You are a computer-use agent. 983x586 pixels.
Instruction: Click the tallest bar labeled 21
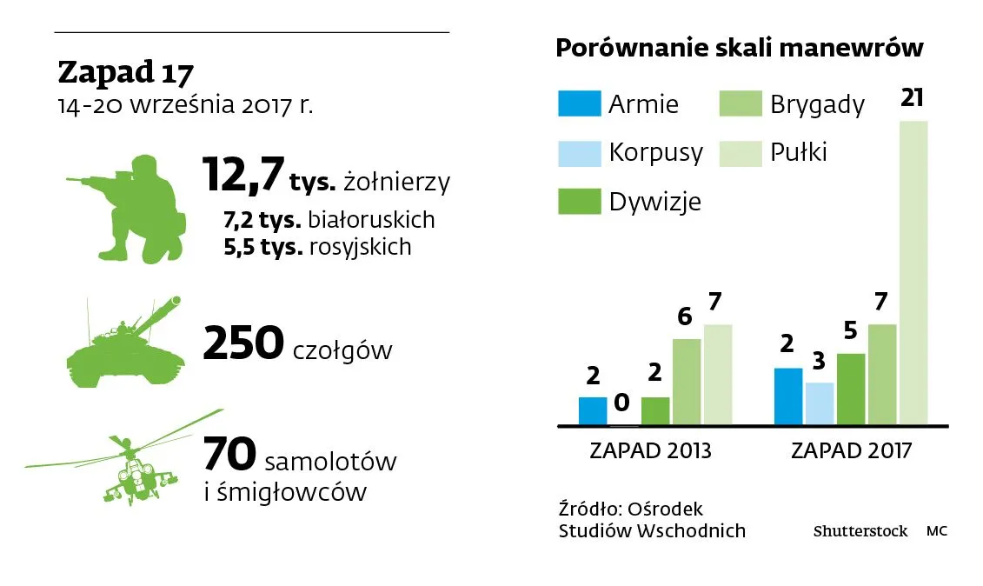pyautogui.click(x=913, y=273)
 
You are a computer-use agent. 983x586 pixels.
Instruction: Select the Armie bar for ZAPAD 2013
pyautogui.click(x=593, y=411)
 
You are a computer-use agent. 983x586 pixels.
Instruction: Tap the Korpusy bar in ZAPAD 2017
pyautogui.click(x=820, y=404)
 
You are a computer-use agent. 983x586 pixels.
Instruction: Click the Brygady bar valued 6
pyautogui.click(x=687, y=382)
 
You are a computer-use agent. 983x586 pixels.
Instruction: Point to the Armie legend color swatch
pyautogui.click(x=579, y=103)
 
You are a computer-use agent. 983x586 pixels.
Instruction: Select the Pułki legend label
pyautogui.click(x=799, y=153)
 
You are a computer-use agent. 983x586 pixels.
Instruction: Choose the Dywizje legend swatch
pyautogui.click(x=579, y=202)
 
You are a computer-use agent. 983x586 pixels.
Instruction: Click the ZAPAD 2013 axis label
pyautogui.click(x=650, y=451)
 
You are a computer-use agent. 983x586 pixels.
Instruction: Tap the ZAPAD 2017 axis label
pyautogui.click(x=851, y=451)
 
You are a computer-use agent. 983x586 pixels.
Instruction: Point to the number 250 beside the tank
pyautogui.click(x=242, y=345)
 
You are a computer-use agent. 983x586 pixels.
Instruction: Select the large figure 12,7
pyautogui.click(x=242, y=176)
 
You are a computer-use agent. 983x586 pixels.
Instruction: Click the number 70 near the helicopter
pyautogui.click(x=229, y=455)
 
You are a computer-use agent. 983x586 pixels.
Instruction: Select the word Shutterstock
pyautogui.click(x=860, y=530)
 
